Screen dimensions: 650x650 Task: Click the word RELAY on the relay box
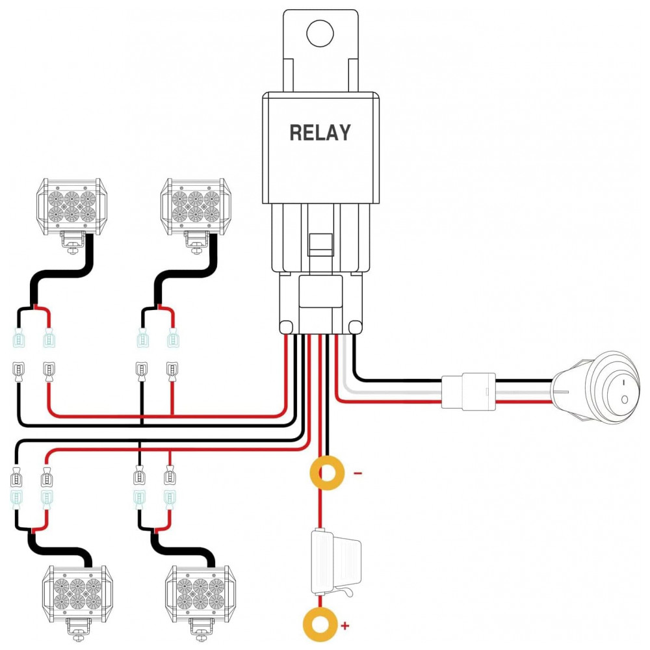(320, 133)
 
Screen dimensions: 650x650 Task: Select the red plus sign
(345, 626)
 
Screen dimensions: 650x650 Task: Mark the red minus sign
(357, 473)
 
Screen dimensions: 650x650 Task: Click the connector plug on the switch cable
(468, 391)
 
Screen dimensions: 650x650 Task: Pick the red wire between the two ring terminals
(320, 510)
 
